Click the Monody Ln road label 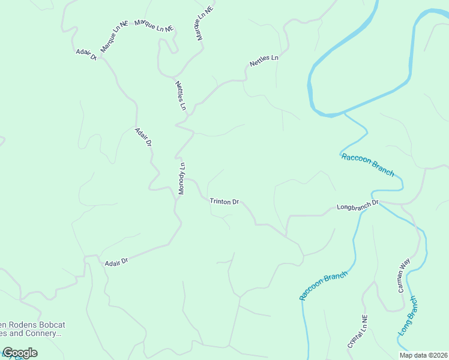[x=181, y=178]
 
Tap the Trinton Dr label [x=224, y=202]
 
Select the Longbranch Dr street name [x=358, y=206]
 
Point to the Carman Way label [x=403, y=275]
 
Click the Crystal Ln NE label [x=357, y=332]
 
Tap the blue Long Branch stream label [x=407, y=316]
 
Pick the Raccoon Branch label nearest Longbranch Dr [x=367, y=164]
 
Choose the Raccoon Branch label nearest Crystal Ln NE [x=324, y=286]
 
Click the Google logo [x=20, y=353]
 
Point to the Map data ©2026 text [x=423, y=355]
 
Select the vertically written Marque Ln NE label [x=205, y=24]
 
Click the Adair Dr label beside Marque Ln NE [x=86, y=55]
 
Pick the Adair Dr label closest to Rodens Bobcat [x=116, y=262]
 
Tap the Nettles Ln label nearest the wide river [x=264, y=61]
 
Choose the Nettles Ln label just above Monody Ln [x=181, y=96]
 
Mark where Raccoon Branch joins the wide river [x=344, y=113]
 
